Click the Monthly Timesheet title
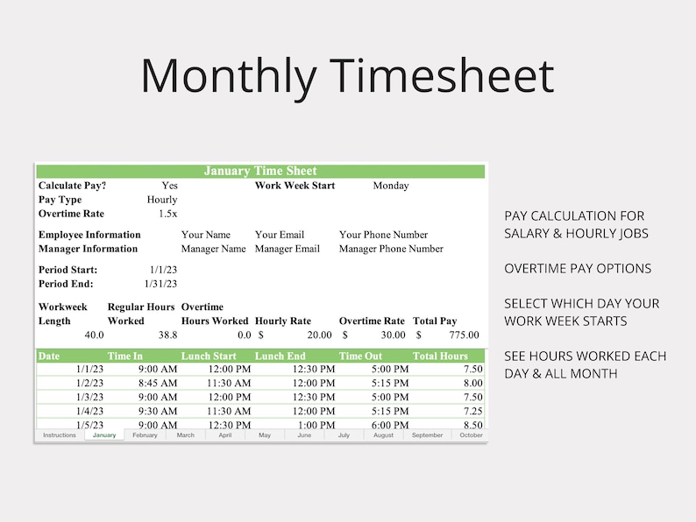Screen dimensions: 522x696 [x=347, y=75]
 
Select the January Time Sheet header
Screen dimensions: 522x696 [x=260, y=171]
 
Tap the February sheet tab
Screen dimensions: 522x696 [x=145, y=435]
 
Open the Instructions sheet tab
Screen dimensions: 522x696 [x=60, y=435]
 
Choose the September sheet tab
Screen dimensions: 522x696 [x=427, y=435]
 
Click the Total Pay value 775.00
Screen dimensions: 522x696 [x=461, y=335]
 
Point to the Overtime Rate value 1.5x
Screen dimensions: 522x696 [x=167, y=214]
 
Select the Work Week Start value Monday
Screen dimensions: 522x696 [x=391, y=186]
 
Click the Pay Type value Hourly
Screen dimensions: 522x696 [x=162, y=200]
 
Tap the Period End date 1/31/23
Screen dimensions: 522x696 [x=160, y=284]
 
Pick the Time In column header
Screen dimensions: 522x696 [x=125, y=356]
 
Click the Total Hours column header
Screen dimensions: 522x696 [x=440, y=356]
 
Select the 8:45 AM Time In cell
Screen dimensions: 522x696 [x=158, y=384]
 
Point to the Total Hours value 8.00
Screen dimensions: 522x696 [x=472, y=384]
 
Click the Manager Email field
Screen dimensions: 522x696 [x=288, y=249]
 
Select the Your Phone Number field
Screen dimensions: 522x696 [x=383, y=235]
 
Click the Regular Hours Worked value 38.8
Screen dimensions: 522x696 [x=167, y=335]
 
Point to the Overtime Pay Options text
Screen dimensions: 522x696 [x=577, y=269]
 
